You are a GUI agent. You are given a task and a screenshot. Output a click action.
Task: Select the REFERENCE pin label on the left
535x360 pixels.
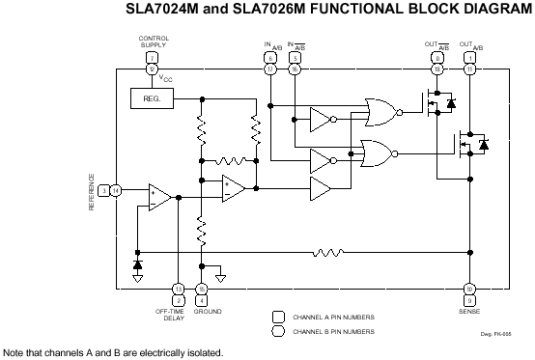click(93, 191)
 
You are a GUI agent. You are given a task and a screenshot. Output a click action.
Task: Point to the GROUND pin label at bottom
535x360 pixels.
click(208, 312)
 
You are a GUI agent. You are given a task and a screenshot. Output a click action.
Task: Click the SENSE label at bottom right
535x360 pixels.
click(469, 312)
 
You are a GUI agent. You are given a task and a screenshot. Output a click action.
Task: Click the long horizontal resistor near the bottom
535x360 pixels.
click(328, 253)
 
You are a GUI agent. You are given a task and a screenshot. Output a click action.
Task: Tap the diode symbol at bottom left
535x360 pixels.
click(137, 263)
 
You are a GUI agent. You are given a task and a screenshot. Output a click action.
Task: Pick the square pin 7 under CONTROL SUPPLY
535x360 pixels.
click(153, 57)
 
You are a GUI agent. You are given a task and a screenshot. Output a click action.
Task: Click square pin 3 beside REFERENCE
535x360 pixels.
click(103, 191)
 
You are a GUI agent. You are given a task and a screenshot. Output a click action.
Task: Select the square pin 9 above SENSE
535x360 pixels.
click(469, 300)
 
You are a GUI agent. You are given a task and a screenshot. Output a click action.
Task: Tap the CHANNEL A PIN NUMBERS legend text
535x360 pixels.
click(334, 316)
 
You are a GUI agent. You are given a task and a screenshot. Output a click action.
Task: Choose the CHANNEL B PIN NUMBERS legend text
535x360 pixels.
click(334, 331)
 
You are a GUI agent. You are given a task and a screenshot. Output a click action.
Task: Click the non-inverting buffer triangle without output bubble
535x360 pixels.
click(321, 185)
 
